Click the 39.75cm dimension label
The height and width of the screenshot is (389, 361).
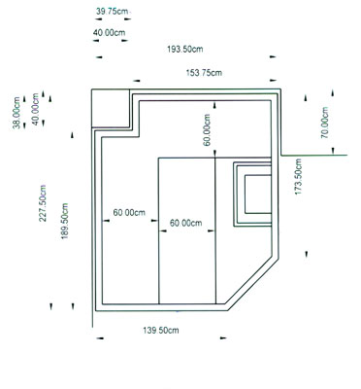(112, 12)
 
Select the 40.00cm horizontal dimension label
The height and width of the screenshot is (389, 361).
(109, 32)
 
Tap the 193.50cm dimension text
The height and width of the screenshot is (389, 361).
(185, 49)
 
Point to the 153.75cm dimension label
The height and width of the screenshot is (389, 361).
(204, 73)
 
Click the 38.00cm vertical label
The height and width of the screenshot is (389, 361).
(16, 113)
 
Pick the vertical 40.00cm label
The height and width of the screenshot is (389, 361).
(36, 109)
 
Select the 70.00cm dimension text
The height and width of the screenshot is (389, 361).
(325, 123)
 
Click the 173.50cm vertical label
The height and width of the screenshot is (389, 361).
(298, 177)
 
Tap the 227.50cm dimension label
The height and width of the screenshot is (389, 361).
(43, 203)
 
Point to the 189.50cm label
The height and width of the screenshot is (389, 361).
(64, 221)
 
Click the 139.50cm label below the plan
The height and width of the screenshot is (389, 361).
(161, 331)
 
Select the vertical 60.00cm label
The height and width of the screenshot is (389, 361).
(207, 130)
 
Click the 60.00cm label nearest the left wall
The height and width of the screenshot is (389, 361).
(129, 213)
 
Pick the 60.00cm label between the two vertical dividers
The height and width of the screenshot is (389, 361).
(186, 223)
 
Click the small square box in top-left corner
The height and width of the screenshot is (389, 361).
(111, 108)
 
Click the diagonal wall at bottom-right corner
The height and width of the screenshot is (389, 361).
(252, 284)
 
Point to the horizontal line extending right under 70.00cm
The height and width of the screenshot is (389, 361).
(313, 156)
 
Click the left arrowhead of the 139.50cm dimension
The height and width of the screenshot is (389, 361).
(100, 338)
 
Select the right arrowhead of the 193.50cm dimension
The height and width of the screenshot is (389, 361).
(274, 56)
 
